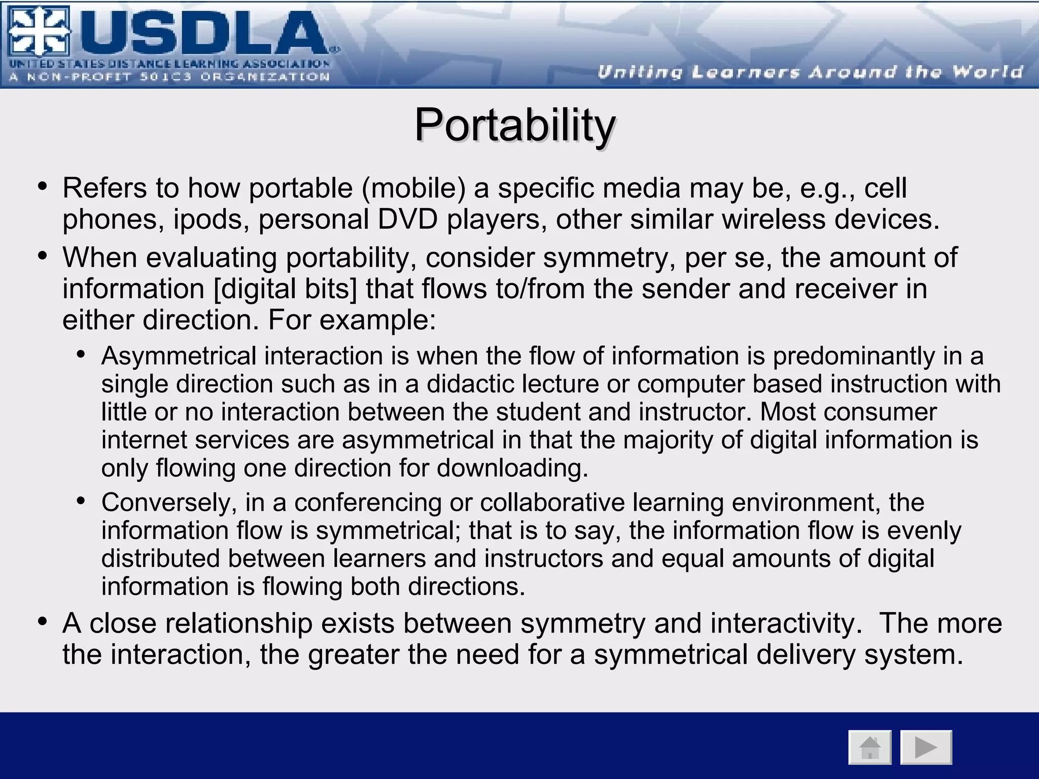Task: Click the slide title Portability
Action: [x=514, y=125]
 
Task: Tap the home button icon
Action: [x=870, y=747]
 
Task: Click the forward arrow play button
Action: [x=926, y=747]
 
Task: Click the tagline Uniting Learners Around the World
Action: [x=810, y=72]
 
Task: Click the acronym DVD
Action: [x=407, y=220]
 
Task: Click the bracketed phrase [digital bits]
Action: [x=286, y=289]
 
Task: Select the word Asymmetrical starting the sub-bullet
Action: [x=179, y=356]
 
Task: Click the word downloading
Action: [x=512, y=468]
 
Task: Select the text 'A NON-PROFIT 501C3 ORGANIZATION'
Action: [x=169, y=77]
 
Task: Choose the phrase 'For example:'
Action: [x=352, y=320]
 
